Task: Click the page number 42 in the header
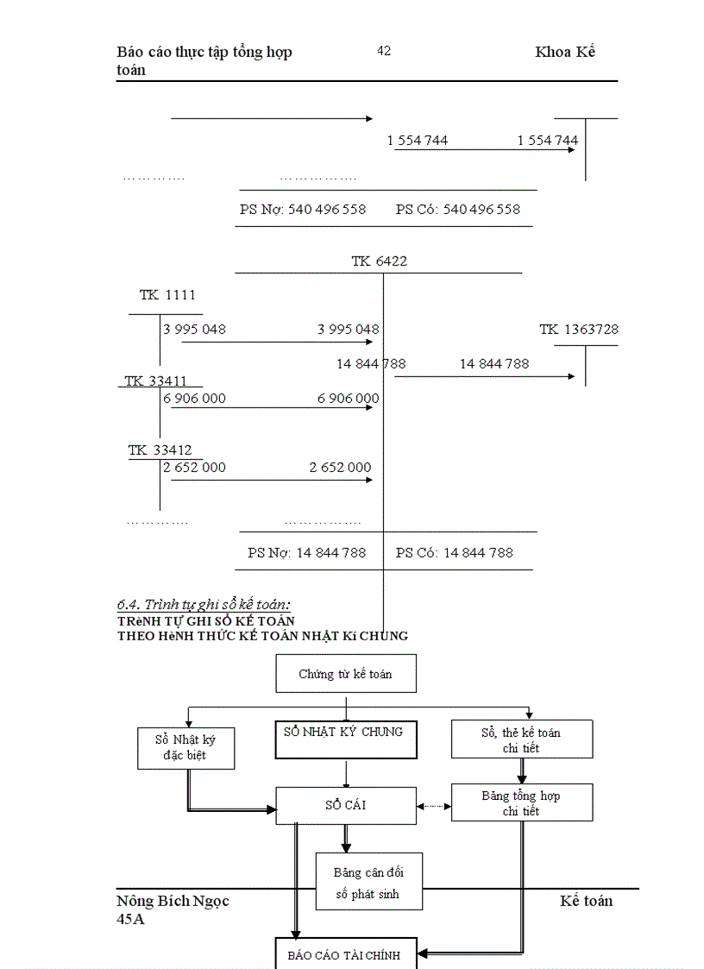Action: [384, 51]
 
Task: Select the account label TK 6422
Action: [379, 261]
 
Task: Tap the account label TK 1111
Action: [167, 295]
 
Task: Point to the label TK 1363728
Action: [579, 330]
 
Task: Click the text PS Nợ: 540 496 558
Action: [303, 209]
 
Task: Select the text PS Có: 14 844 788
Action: [455, 552]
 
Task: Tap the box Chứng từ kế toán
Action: [345, 674]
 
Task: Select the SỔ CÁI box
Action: [345, 806]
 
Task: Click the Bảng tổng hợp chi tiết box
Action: [522, 803]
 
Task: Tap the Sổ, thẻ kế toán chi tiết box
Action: [522, 739]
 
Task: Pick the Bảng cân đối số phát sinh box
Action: [368, 883]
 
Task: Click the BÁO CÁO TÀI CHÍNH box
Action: [345, 954]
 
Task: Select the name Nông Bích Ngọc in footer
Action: [173, 901]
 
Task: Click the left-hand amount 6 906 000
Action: [195, 398]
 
